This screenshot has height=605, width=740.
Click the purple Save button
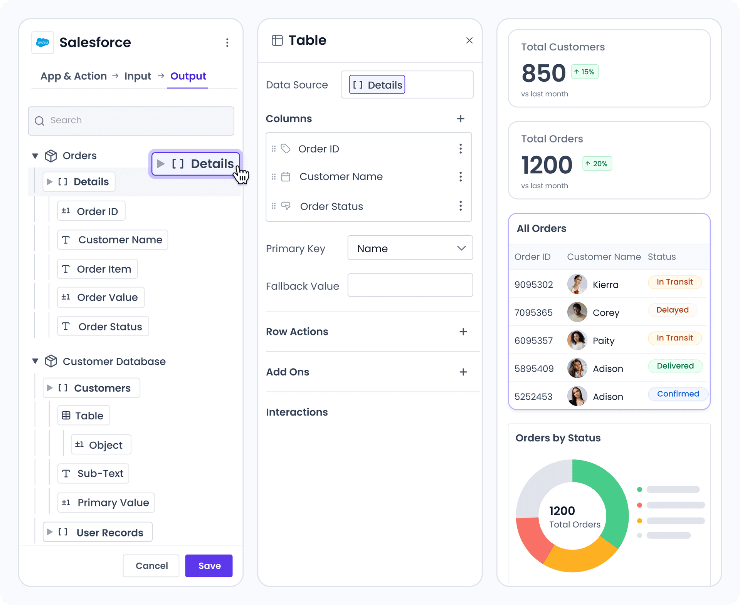(x=209, y=566)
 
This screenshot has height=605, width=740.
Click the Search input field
(x=131, y=121)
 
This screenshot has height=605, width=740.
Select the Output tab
(x=188, y=76)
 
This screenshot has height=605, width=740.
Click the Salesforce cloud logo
(x=43, y=42)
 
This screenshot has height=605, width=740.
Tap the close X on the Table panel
(x=469, y=40)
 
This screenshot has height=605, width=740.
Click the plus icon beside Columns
(x=461, y=119)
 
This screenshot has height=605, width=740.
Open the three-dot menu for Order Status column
(x=461, y=206)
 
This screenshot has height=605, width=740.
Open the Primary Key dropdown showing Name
(x=410, y=248)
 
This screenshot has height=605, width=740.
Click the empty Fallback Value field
(x=410, y=285)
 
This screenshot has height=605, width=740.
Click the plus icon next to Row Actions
(x=463, y=332)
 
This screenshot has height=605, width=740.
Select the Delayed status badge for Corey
(x=672, y=310)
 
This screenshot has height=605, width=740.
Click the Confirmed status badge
(x=678, y=394)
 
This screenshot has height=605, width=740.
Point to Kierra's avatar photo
(x=577, y=284)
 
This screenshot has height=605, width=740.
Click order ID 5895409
(x=534, y=369)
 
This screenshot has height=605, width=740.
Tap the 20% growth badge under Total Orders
(x=597, y=164)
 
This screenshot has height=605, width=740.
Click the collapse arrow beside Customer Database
(x=35, y=361)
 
